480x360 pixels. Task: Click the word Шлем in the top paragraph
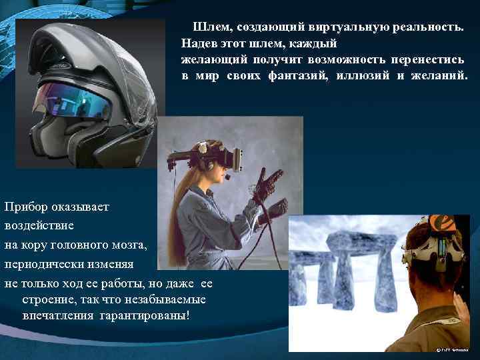click(208, 28)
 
